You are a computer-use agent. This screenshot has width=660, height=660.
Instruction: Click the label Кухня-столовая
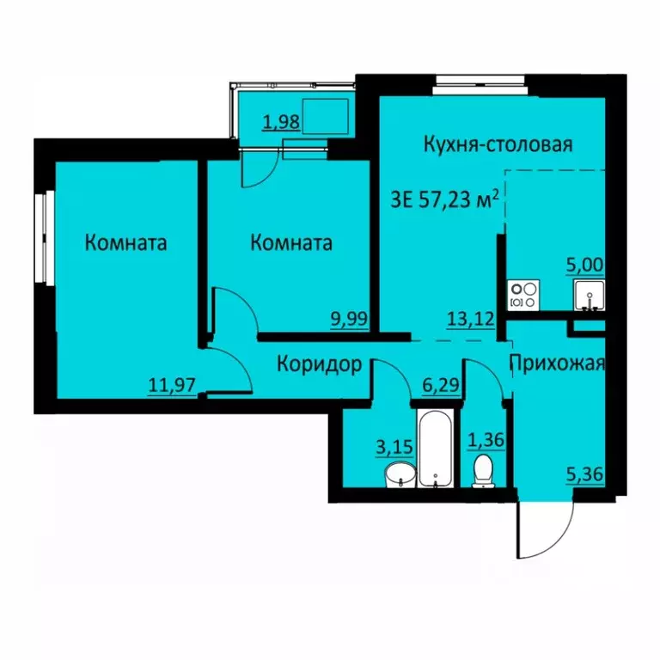tap(498, 144)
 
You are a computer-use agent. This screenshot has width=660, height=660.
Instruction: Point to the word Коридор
tap(318, 364)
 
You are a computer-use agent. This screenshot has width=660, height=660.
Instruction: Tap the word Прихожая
tap(559, 363)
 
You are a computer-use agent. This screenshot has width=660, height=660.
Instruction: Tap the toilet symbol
tap(483, 472)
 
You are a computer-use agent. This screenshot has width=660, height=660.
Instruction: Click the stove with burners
tap(524, 295)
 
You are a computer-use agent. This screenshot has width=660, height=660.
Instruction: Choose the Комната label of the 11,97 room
tap(125, 243)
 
